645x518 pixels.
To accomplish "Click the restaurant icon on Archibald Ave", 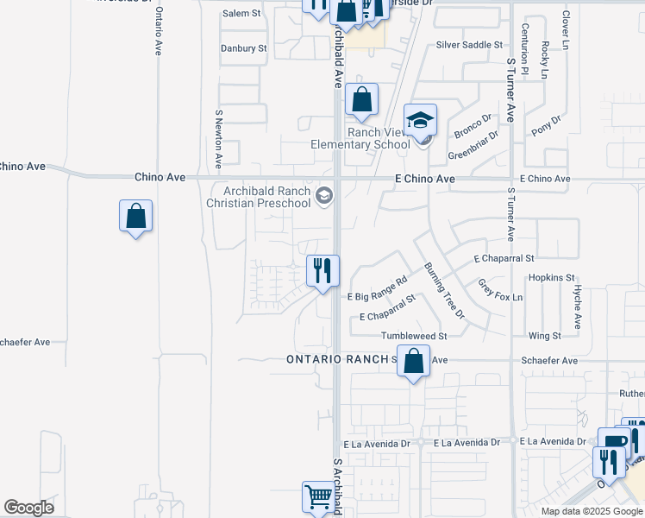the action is [x=322, y=271].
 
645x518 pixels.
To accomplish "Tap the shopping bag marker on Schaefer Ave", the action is [x=414, y=361].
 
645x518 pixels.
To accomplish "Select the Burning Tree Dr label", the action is [x=444, y=289].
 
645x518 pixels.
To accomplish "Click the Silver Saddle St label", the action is [x=468, y=44].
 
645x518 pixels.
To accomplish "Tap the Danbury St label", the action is [x=244, y=48].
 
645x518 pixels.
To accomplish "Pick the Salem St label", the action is [x=241, y=14].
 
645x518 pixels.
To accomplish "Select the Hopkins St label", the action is [x=552, y=277].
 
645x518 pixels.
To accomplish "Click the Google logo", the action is [x=28, y=508].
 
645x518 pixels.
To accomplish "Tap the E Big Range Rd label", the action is [x=378, y=289].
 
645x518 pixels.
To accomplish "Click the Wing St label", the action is [x=544, y=336].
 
